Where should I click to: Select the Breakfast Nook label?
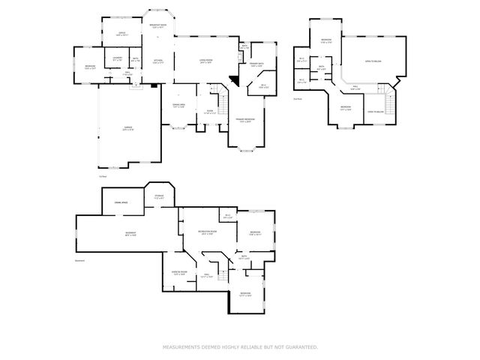point(157,26)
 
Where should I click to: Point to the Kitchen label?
point(158,61)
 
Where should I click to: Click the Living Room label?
point(204,61)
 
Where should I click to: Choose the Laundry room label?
point(117,58)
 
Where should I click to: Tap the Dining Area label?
point(178,106)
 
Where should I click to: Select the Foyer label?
point(210,111)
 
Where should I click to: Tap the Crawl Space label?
point(121,202)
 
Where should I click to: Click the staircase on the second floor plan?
point(389,101)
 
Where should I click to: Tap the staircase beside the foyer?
point(223,97)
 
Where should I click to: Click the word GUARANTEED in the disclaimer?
point(301,347)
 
